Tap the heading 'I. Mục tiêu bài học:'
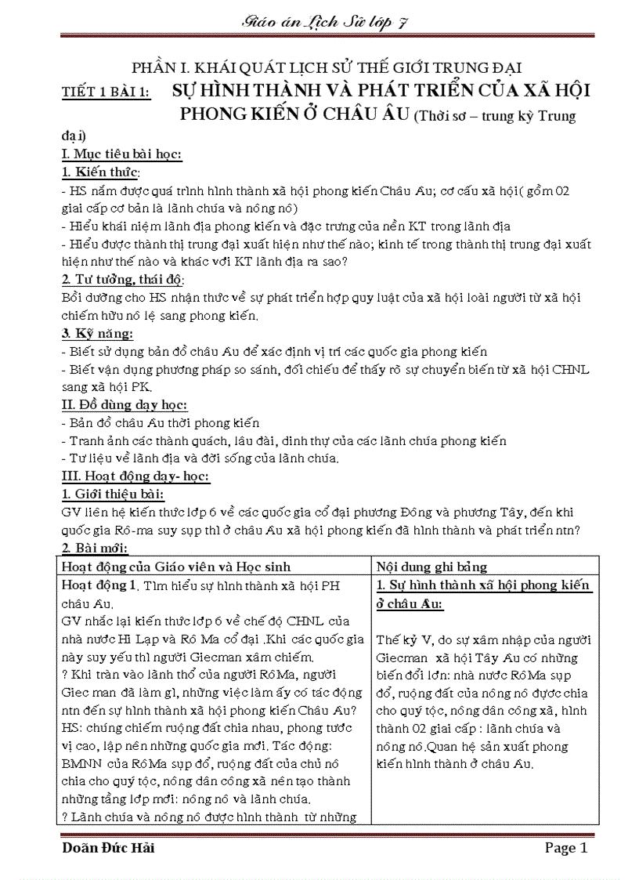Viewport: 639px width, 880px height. click(x=121, y=154)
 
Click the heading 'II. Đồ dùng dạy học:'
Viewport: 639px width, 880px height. click(x=125, y=405)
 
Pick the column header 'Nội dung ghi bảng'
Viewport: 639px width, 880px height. click(x=431, y=567)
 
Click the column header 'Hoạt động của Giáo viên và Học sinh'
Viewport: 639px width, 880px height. click(x=175, y=567)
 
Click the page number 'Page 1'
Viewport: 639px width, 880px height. click(x=565, y=849)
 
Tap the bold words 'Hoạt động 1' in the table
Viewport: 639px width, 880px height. click(x=99, y=585)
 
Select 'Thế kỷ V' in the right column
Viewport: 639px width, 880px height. click(x=399, y=639)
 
